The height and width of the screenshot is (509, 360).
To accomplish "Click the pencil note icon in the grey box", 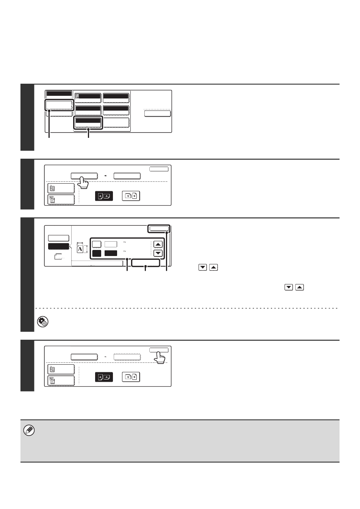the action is [29, 430].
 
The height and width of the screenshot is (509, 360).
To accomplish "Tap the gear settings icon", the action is [42, 322].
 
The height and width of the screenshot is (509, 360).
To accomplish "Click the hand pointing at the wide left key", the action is [83, 183].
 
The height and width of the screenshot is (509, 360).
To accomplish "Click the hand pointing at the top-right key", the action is [160, 358].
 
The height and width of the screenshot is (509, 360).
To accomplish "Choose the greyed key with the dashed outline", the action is [127, 357].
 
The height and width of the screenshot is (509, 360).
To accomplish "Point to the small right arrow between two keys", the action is [105, 176].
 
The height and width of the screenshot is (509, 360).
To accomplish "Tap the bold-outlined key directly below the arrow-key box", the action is [146, 263].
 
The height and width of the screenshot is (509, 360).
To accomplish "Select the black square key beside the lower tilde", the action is [97, 253].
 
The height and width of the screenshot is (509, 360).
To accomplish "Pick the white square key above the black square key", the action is [97, 244].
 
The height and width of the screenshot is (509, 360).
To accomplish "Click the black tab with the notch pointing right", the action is [59, 246].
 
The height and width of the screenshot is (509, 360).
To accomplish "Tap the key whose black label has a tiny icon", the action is [88, 98].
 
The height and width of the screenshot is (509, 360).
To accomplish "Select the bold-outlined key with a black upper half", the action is [88, 123].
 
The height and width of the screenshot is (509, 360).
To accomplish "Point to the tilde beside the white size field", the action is [125, 242].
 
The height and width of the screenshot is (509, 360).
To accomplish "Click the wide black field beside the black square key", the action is [111, 253].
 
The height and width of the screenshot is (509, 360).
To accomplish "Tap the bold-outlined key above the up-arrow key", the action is [159, 229].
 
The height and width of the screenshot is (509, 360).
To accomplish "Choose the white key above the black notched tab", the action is [58, 238].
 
